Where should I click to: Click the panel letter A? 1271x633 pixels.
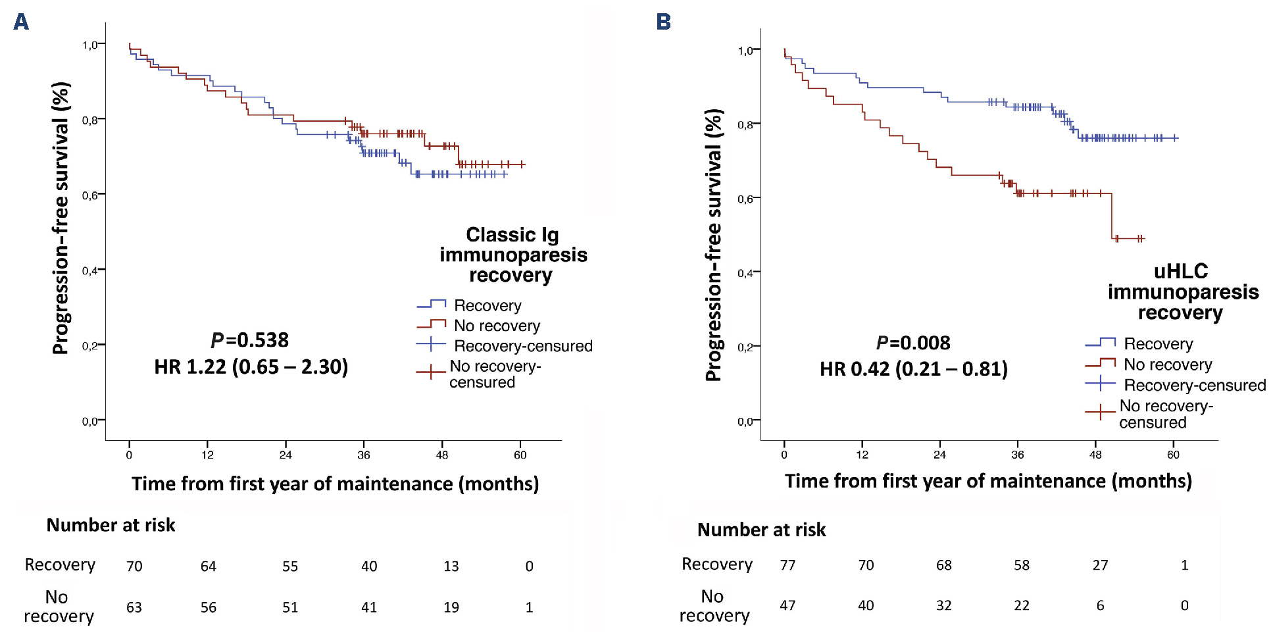point(21,22)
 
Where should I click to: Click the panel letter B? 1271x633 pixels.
point(664,22)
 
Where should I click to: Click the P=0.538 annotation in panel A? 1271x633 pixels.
point(250,340)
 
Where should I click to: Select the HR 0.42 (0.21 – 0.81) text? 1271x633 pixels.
point(913,368)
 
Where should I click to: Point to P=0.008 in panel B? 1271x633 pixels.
point(913,343)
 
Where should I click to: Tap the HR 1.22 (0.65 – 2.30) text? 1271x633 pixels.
point(251,367)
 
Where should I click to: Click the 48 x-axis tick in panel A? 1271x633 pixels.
point(442,455)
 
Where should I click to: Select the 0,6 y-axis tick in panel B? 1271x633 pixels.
point(745,199)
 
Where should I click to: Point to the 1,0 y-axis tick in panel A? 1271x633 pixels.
point(90,45)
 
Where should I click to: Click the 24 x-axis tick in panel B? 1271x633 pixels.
point(939,455)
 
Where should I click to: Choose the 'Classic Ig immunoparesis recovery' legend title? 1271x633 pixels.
point(513,255)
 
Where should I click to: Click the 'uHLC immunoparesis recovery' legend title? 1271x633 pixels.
point(1182,291)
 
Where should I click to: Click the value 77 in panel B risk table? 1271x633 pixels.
point(787,565)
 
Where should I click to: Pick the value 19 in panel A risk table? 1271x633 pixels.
point(451,607)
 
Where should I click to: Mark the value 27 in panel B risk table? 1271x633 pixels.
point(1100,565)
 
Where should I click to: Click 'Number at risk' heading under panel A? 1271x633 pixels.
point(111,525)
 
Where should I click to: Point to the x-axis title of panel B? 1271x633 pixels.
point(988,481)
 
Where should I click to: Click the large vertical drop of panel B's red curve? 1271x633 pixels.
point(1112,216)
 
